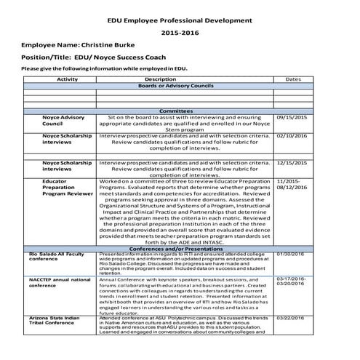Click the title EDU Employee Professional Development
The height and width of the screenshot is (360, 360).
[x=180, y=24]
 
